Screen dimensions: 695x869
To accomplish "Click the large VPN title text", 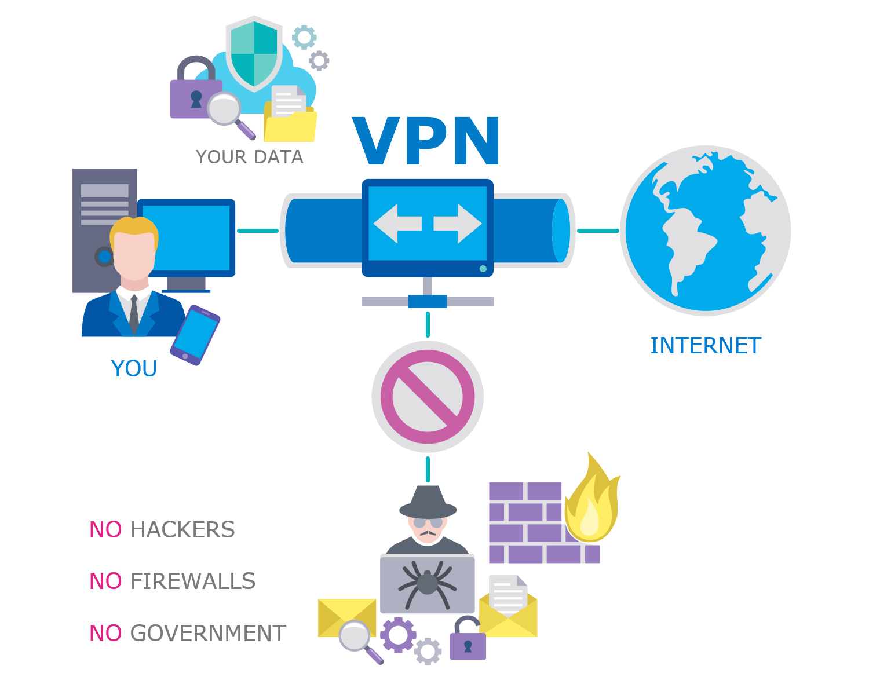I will [x=427, y=142].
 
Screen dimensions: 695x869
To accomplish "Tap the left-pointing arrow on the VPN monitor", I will [x=397, y=224].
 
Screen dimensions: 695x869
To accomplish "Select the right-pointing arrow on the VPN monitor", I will [x=458, y=224].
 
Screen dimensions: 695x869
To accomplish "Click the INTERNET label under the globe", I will [x=705, y=346].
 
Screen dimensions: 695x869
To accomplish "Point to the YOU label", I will [x=134, y=369].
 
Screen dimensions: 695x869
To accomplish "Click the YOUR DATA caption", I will [x=250, y=157].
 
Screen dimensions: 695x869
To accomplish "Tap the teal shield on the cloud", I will [x=254, y=53].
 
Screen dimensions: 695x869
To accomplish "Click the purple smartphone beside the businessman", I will [x=195, y=335].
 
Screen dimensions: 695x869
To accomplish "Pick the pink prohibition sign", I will [x=428, y=397].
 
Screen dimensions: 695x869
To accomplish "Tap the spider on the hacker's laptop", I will [x=427, y=582].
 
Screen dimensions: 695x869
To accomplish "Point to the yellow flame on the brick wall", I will [x=591, y=504].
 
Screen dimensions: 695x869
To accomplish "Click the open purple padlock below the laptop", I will [x=468, y=641].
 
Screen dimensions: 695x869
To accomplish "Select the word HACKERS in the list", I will [x=182, y=530].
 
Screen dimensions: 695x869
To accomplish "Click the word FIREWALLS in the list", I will [x=193, y=581].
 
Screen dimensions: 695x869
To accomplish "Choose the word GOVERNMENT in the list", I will [x=208, y=634].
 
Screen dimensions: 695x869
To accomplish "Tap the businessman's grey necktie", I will [x=134, y=315].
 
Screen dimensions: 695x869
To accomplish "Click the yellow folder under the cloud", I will [x=290, y=125].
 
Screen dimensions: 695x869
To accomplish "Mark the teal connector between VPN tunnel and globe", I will [x=598, y=231].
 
